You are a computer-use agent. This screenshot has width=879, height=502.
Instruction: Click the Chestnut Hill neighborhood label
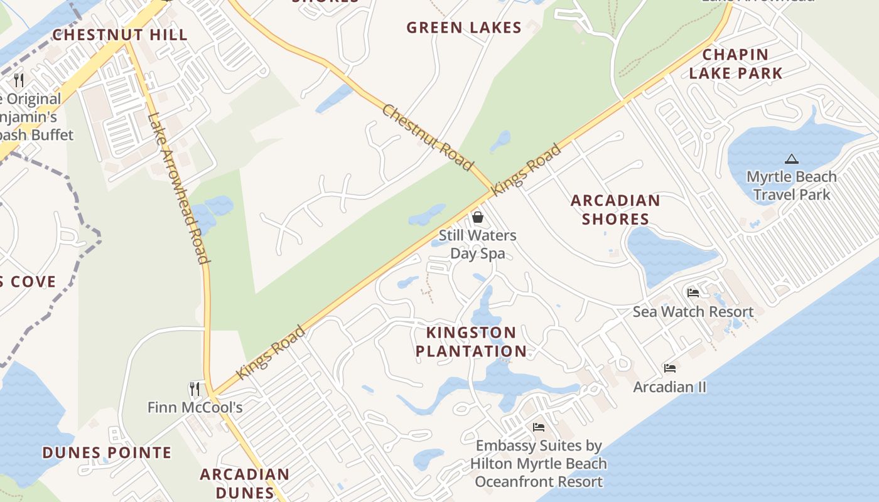coord(119,35)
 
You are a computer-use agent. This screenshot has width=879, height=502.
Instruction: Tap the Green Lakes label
coord(463,28)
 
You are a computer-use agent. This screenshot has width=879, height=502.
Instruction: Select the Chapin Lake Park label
coord(736,64)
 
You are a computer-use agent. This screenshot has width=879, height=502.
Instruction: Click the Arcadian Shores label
coord(615,210)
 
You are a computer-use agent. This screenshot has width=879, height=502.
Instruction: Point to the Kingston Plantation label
coord(471,342)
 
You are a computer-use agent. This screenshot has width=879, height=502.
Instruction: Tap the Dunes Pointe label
coord(107,452)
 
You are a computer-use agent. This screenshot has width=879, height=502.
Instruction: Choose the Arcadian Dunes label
coord(245,483)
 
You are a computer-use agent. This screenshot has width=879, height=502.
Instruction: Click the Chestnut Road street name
coord(427,137)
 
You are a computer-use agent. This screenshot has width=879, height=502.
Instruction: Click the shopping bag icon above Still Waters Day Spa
coord(478,217)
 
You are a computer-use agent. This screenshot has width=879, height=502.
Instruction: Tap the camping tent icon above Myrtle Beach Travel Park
coord(791,159)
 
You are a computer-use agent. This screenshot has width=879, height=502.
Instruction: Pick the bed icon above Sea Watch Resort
coord(693,293)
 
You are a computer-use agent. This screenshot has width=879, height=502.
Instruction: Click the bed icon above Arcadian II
coord(670,368)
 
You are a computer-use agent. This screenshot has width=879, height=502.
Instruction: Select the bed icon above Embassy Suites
coord(539,427)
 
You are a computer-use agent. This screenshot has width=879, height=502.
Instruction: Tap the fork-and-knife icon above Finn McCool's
coord(195,389)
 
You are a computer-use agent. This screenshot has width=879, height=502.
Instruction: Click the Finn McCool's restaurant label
coord(195,408)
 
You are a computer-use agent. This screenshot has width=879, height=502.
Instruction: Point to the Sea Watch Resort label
coord(693,312)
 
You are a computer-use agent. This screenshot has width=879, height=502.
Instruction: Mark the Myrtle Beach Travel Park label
coord(791,186)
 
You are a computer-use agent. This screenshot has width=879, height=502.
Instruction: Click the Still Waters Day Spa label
coord(478,245)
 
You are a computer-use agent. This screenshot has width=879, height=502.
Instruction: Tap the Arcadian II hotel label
coord(670,387)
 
